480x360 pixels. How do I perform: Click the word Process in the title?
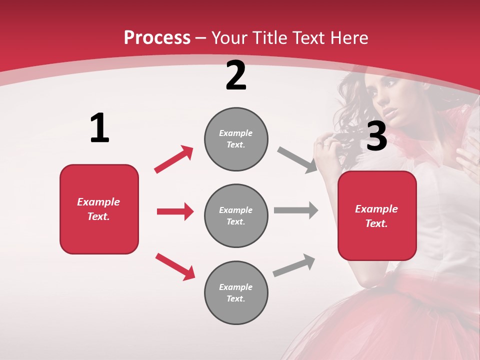click(x=157, y=38)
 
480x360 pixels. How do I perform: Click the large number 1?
click(x=99, y=128)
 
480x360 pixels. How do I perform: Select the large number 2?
click(x=236, y=76)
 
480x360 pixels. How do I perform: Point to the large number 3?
click(x=376, y=136)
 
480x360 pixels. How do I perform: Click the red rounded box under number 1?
click(x=99, y=209)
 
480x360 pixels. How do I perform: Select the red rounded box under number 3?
click(x=377, y=215)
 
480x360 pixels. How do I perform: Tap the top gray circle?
click(x=236, y=139)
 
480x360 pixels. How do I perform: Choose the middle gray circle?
click(x=236, y=215)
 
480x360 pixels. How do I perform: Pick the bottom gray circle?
click(x=236, y=292)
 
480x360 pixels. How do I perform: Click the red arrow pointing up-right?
click(x=174, y=159)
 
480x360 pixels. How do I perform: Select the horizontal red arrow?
click(x=175, y=211)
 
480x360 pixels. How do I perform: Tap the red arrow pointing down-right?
click(x=175, y=266)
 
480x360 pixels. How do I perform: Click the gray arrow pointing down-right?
click(x=297, y=160)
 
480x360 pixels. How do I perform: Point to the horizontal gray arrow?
click(x=296, y=210)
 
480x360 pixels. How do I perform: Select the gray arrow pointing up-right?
click(x=294, y=265)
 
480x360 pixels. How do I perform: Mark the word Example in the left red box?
click(x=98, y=202)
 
